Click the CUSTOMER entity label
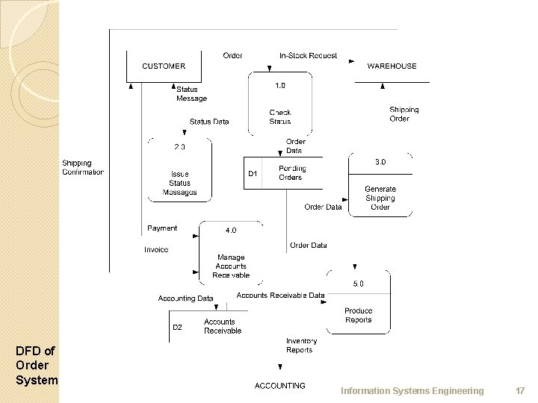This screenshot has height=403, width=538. [164, 66]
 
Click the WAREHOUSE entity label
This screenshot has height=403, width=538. [392, 66]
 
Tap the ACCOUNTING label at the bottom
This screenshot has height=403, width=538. [280, 386]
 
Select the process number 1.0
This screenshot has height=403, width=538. [279, 85]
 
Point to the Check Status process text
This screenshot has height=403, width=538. [280, 117]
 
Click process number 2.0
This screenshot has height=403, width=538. [180, 146]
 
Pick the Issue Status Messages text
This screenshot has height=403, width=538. [180, 183]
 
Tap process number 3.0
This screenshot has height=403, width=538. [380, 161]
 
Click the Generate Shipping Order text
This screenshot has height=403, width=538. [380, 198]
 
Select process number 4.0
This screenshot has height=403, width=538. [232, 230]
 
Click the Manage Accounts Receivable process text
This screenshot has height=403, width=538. [231, 266]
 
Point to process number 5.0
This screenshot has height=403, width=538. [359, 284]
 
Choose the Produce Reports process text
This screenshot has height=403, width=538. [359, 315]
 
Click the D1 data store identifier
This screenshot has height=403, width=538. [253, 174]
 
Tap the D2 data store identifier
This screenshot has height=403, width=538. [178, 327]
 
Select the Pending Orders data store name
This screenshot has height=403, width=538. [291, 172]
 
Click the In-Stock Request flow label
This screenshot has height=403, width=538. [308, 55]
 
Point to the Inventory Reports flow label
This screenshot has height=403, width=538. [300, 345]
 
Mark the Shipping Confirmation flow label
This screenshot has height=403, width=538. [83, 167]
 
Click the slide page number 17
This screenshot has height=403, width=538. [520, 391]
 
